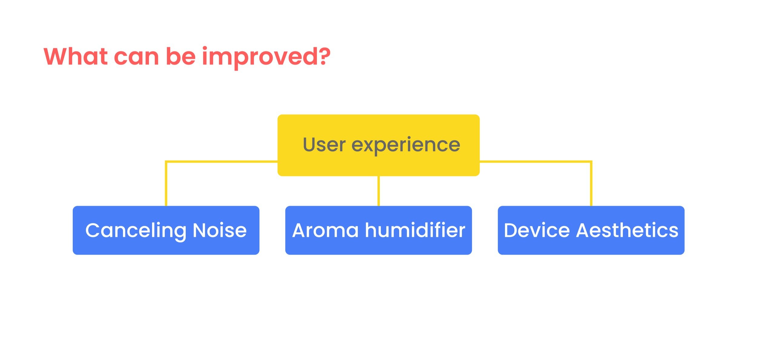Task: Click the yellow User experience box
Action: [379, 145]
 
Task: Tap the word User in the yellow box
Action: [324, 144]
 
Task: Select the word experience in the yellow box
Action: [406, 146]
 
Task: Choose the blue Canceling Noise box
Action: [166, 230]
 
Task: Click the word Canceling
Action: [136, 231]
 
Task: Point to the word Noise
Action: [220, 230]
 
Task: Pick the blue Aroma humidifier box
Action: [379, 230]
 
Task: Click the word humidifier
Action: [415, 230]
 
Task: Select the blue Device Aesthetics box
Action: [591, 230]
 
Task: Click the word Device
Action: [537, 230]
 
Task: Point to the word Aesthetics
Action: [627, 230]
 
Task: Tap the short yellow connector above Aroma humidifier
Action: [379, 191]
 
